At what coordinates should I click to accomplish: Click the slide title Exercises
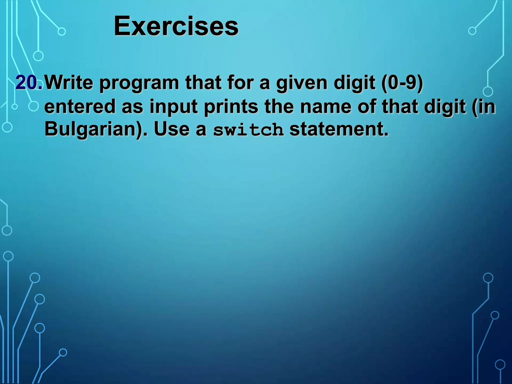176,26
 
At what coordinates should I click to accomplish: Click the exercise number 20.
29,82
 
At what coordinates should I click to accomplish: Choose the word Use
172,129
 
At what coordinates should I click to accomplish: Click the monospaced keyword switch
248,130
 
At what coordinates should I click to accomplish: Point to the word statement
339,129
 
